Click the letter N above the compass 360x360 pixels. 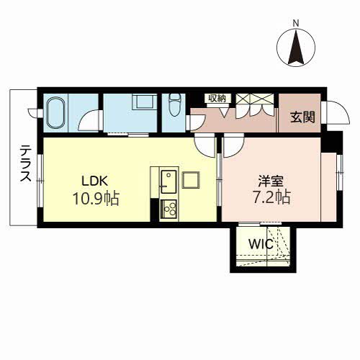pyautogui.click(x=296, y=23)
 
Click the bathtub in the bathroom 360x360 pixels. pyautogui.click(x=56, y=113)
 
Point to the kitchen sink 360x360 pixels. pyautogui.click(x=168, y=181)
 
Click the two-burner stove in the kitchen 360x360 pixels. pyautogui.click(x=168, y=209)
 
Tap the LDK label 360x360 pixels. pyautogui.click(x=95, y=181)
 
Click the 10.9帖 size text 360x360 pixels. pyautogui.click(x=96, y=199)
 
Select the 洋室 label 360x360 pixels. pyautogui.click(x=271, y=181)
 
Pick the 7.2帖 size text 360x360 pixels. pyautogui.click(x=271, y=197)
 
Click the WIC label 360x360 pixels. pyautogui.click(x=261, y=244)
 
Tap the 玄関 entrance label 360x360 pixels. pyautogui.click(x=302, y=117)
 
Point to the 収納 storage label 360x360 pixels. pyautogui.click(x=217, y=98)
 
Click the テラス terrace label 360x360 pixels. pyautogui.click(x=25, y=163)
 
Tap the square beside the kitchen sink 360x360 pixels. pyautogui.click(x=191, y=180)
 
